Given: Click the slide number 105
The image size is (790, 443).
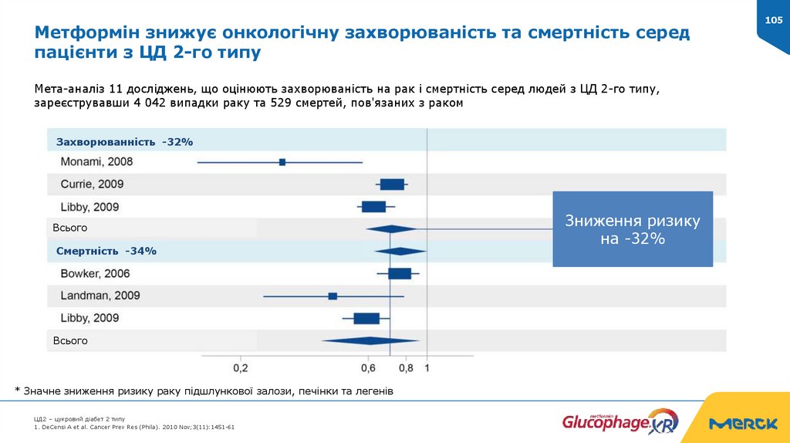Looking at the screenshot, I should point(773,20).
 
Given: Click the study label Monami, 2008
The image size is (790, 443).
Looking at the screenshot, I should point(96,162).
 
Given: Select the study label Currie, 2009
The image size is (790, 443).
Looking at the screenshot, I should point(92,184).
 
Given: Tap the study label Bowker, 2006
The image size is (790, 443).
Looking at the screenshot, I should point(95,273).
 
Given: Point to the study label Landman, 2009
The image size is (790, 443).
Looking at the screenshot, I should point(100,296).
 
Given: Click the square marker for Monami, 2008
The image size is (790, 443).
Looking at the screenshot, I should point(282,162).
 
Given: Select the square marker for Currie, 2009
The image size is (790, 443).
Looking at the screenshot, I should point(392,184).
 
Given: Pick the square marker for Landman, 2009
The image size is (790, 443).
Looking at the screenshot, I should point(333,296).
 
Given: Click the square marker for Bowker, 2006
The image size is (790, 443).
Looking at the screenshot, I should point(400,273).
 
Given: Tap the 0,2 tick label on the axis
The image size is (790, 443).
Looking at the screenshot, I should point(240,368).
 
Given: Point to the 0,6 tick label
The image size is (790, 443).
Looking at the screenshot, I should point(369,368).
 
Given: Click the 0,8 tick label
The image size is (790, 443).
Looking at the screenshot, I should point(406,368).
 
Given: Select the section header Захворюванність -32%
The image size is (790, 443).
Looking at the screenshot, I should point(124,142).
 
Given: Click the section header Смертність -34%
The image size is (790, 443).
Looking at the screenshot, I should point(106,252).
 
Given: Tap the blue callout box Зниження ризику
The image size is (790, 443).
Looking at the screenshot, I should point(633,229).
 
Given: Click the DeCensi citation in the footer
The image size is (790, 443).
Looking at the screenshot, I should point(134,426).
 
